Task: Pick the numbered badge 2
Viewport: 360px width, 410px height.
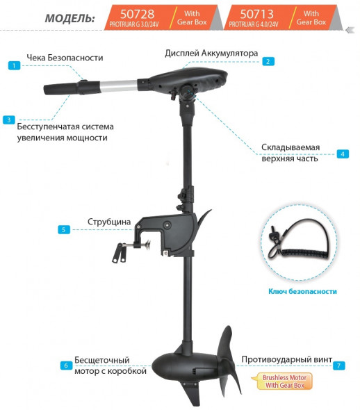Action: [267, 60]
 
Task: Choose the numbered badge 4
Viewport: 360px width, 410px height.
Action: [342, 154]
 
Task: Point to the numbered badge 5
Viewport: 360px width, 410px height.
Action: [64, 229]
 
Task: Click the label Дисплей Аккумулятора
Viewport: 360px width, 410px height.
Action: [211, 53]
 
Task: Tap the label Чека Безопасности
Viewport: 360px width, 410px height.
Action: [65, 58]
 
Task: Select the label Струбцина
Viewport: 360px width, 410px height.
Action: [109, 222]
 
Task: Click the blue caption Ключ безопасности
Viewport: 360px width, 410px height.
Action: [302, 291]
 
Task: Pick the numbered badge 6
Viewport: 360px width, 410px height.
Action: [66, 365]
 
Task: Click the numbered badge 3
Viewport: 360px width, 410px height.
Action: [8, 120]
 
